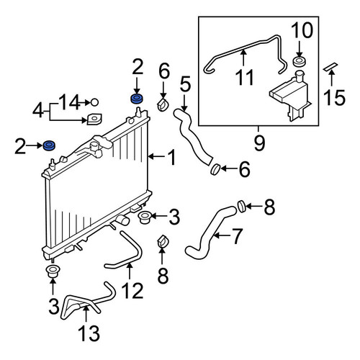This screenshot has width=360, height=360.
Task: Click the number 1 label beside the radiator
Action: [x=172, y=157]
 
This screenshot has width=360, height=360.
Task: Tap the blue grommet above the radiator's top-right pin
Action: [x=137, y=99]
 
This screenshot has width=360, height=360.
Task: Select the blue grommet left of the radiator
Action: [x=49, y=145]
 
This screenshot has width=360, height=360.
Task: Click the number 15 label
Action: [x=334, y=97]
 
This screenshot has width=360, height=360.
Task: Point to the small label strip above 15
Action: [x=330, y=67]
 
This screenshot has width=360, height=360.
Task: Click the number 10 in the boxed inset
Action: [x=302, y=30]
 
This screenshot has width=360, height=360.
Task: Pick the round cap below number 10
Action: [x=300, y=61]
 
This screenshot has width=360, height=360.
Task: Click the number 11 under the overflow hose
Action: [x=245, y=77]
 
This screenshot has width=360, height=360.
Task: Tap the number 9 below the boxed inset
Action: [x=259, y=143]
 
